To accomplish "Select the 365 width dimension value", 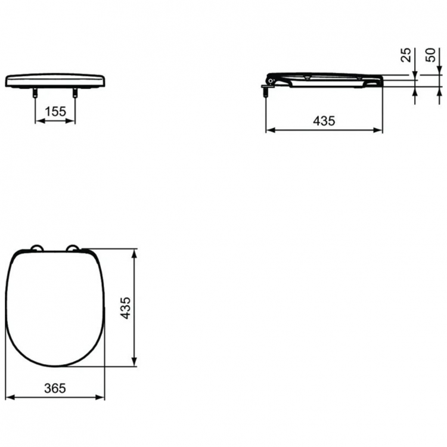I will click(x=55, y=387).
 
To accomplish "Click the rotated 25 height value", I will click(x=406, y=55).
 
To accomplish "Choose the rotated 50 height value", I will click(x=430, y=55).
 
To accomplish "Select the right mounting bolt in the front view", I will click(x=75, y=93).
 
